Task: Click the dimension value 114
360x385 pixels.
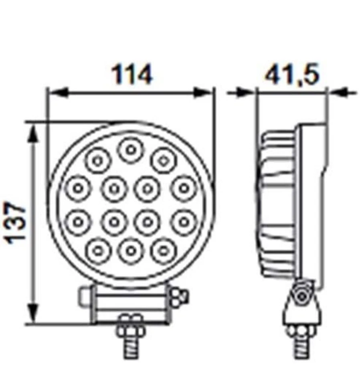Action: click(132, 75)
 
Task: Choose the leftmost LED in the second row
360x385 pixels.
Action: click(78, 188)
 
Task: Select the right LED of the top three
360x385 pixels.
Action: click(163, 160)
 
